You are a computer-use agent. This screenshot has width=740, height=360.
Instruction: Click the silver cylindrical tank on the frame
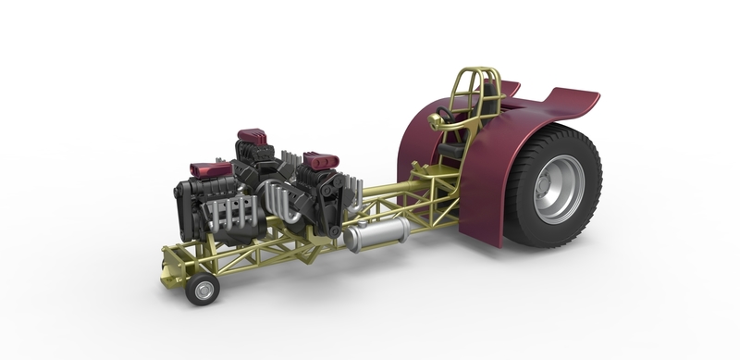coord(376,235)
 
